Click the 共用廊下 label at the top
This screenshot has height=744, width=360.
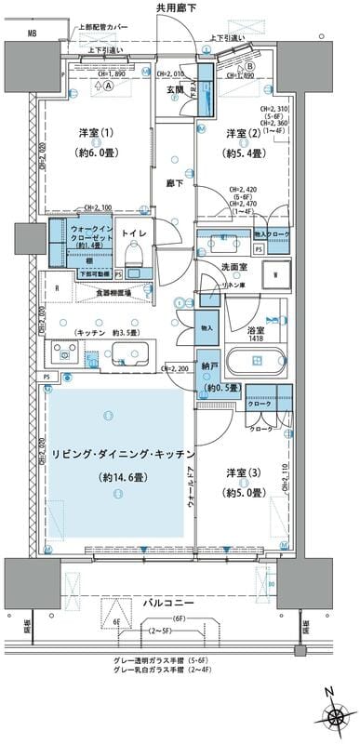(177, 7)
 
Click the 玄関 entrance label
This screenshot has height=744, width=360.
(177, 90)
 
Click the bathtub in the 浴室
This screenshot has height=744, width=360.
(258, 359)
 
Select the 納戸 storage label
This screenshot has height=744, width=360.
(207, 367)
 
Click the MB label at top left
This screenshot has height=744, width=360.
(33, 34)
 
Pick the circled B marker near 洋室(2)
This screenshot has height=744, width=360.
(250, 67)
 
